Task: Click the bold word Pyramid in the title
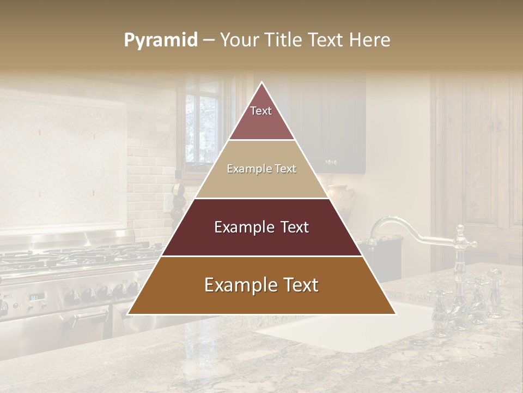tap(161, 40)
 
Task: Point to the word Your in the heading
tap(239, 40)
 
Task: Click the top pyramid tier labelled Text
tap(261, 117)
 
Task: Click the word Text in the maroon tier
tap(292, 227)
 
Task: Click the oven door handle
tap(87, 318)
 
